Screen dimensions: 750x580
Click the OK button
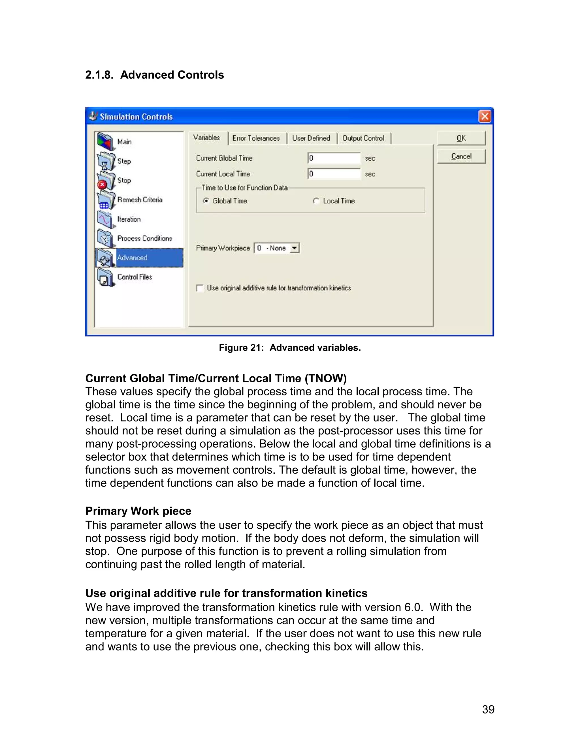point(461,138)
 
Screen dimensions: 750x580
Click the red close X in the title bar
point(485,116)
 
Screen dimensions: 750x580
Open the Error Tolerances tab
point(256,138)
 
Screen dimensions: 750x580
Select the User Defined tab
point(311,138)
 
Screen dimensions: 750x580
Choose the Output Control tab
point(363,138)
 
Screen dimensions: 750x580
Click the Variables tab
point(206,138)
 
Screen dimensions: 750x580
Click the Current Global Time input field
point(334,158)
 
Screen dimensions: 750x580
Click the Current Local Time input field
point(334,174)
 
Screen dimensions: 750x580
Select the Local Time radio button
point(316,201)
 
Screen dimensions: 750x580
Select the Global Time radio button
point(206,201)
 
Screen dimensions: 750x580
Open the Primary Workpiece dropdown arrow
point(295,248)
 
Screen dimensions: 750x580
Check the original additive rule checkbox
point(200,288)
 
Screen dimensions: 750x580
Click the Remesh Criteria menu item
point(140,200)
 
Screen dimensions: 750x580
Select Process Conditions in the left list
point(144,238)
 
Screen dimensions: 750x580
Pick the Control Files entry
point(134,277)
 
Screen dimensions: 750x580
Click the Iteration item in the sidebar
point(129,219)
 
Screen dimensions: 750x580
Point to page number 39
point(488,709)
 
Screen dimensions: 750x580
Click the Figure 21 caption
point(290,348)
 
